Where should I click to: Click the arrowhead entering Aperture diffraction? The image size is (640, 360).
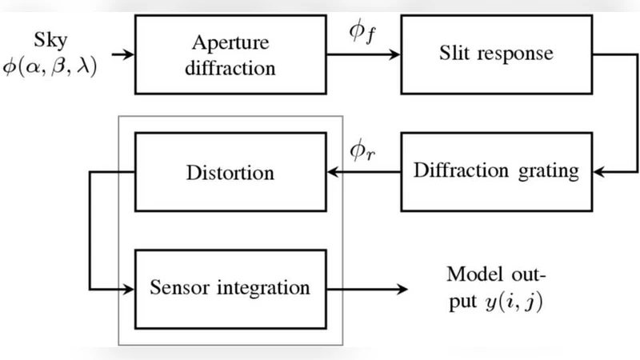pos(129,55)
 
